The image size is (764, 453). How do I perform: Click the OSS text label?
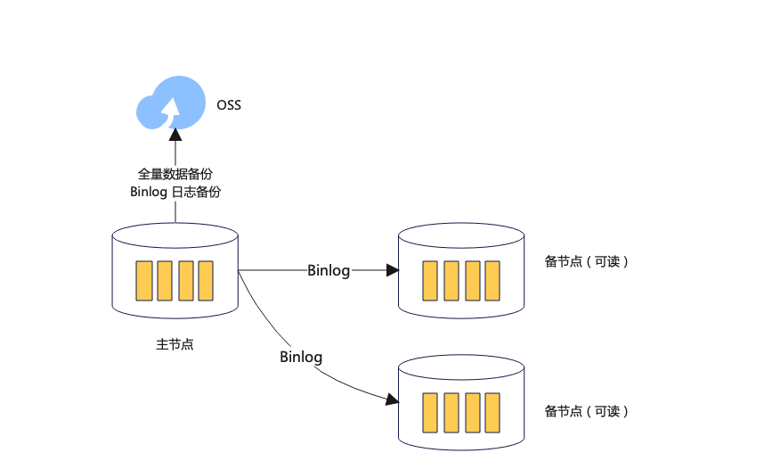229,105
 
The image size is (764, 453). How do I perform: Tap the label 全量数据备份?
175,173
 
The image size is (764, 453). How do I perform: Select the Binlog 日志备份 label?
175,192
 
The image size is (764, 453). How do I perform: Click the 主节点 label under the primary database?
175,345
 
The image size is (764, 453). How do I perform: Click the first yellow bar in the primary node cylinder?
142,280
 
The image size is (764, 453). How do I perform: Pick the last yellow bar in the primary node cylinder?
206,280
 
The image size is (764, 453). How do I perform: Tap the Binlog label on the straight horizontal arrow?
329,270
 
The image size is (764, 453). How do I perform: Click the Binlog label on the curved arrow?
301,357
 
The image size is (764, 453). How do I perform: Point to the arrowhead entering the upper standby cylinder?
393,269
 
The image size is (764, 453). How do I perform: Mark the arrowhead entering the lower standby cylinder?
392,400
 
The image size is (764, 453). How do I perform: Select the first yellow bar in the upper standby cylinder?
430,280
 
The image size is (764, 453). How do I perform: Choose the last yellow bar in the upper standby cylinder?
493,280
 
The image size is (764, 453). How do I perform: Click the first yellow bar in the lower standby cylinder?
430,412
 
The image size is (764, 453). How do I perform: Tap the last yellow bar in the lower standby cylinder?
493,412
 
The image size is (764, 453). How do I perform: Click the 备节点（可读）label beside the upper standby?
586,262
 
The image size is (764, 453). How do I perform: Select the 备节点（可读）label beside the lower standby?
586,411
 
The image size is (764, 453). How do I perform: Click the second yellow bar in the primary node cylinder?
164,280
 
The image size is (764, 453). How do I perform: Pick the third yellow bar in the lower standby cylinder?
472,412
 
